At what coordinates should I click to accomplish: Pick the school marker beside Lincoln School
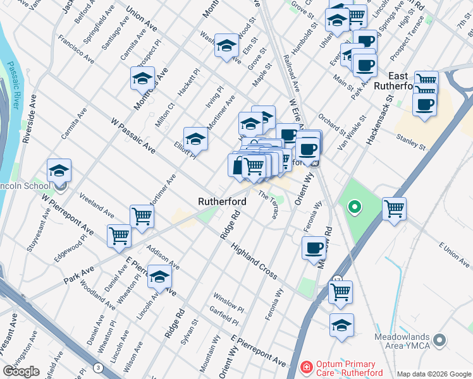[x=59, y=171]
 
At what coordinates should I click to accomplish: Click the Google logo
[x=21, y=371]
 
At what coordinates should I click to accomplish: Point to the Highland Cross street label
[x=254, y=260]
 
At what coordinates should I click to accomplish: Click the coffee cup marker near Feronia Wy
[x=314, y=248]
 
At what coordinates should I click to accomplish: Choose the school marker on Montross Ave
[x=142, y=79]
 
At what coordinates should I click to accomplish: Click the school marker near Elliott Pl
[x=195, y=140]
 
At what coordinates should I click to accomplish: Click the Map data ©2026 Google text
[x=433, y=374]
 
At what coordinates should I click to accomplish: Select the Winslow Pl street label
[x=228, y=303]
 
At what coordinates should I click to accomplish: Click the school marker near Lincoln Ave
[x=160, y=277]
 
